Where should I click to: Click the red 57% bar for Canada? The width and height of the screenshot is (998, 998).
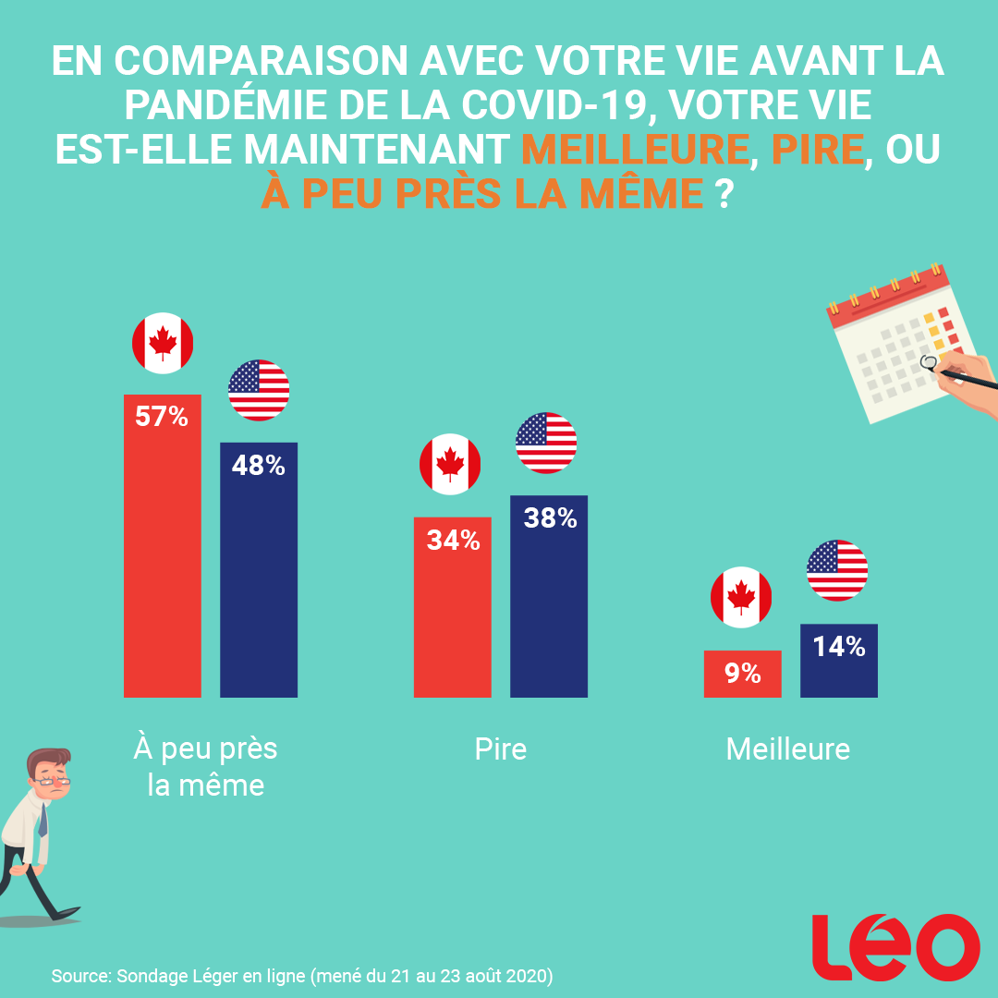162,545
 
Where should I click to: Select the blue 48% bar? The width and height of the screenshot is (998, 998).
259,569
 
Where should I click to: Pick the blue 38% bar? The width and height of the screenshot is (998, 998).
549,596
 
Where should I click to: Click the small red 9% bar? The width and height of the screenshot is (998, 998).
742,674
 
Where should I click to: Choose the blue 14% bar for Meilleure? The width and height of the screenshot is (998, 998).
838,660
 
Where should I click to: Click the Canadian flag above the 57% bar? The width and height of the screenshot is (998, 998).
163,344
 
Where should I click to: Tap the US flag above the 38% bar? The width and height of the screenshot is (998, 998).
546,443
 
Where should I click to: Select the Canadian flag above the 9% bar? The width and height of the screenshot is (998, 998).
741,598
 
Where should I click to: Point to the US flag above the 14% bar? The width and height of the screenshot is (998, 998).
837,570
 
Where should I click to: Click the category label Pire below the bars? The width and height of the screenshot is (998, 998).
501,748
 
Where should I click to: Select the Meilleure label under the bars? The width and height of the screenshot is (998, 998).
787,748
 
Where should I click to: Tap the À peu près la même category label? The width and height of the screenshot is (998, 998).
206,766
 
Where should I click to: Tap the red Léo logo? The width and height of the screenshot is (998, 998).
895,946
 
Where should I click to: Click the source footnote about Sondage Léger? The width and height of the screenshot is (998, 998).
302,976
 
